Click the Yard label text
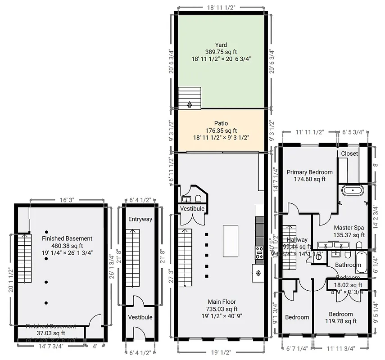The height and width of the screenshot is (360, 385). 221,45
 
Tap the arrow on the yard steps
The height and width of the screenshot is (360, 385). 190,104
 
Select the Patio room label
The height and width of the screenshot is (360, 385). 221,123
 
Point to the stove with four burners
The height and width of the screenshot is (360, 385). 260,252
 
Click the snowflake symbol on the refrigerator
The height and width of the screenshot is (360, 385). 258,273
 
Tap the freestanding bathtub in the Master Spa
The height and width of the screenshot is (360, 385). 353,190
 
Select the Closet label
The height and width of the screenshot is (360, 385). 349,153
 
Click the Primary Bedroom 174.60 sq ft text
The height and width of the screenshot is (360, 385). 309,175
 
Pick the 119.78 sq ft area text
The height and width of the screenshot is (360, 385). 341,321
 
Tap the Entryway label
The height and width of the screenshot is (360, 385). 140,219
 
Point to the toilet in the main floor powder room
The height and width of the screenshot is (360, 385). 198,198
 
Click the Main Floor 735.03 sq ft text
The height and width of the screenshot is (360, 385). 222,306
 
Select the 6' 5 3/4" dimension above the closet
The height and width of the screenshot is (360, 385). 354,133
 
